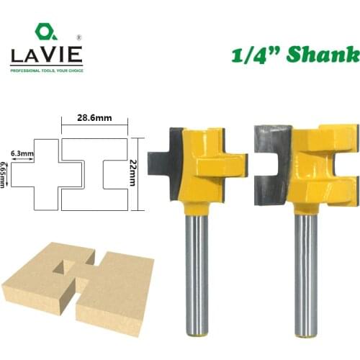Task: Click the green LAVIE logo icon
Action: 45,32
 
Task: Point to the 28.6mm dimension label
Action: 94,114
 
